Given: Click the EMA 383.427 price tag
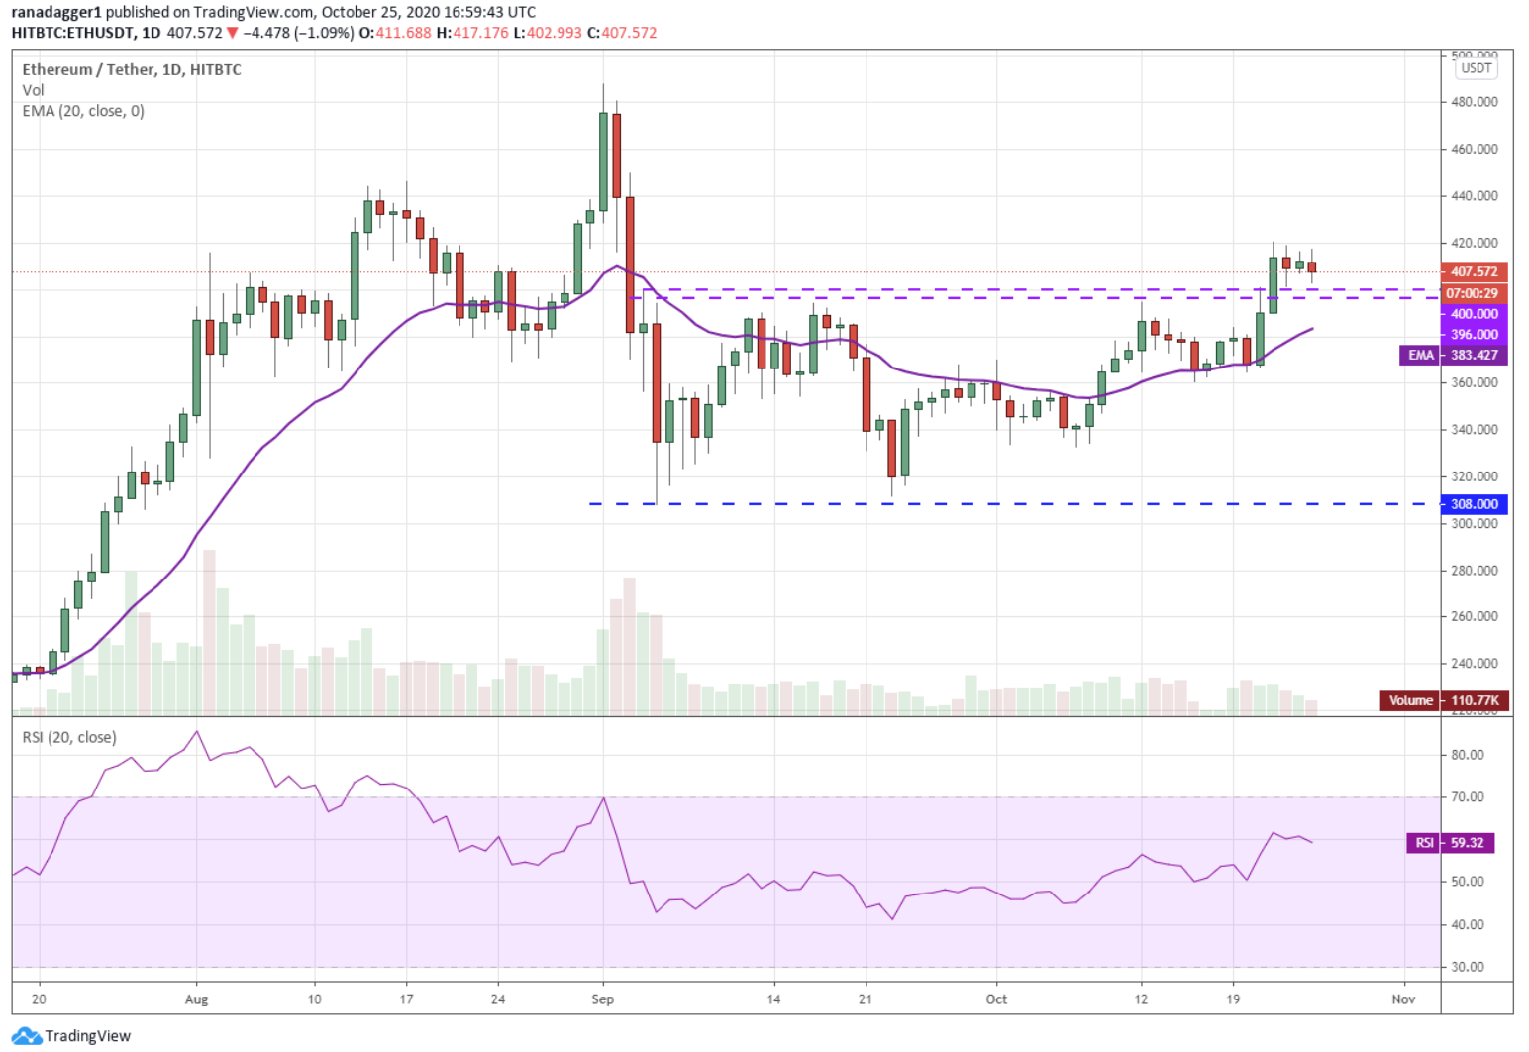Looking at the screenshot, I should [1453, 355].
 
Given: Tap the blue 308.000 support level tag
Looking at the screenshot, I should [1474, 504].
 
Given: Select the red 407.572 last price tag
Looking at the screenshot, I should [1474, 271].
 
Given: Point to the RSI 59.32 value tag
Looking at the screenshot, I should [1451, 843].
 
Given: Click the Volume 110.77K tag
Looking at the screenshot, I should [1444, 700].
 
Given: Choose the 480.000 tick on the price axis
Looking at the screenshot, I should [1474, 102].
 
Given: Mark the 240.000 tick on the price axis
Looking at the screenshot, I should [1474, 663].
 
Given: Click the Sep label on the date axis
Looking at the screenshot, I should [602, 999].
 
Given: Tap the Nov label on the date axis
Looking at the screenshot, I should [1402, 999].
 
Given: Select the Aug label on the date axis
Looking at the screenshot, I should [196, 999].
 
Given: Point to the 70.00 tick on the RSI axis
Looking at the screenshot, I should [1467, 796].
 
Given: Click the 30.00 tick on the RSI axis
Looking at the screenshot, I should [1467, 966].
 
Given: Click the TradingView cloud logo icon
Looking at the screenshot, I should [28, 1036].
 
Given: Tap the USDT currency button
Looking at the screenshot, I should [1476, 68].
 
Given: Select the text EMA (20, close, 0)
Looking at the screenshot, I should [83, 111].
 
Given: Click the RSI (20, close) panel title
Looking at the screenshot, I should [69, 737].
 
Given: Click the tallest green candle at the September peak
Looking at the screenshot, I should [603, 160].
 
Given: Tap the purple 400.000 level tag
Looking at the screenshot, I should [1474, 313].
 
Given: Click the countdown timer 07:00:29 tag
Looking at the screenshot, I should [1472, 293].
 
